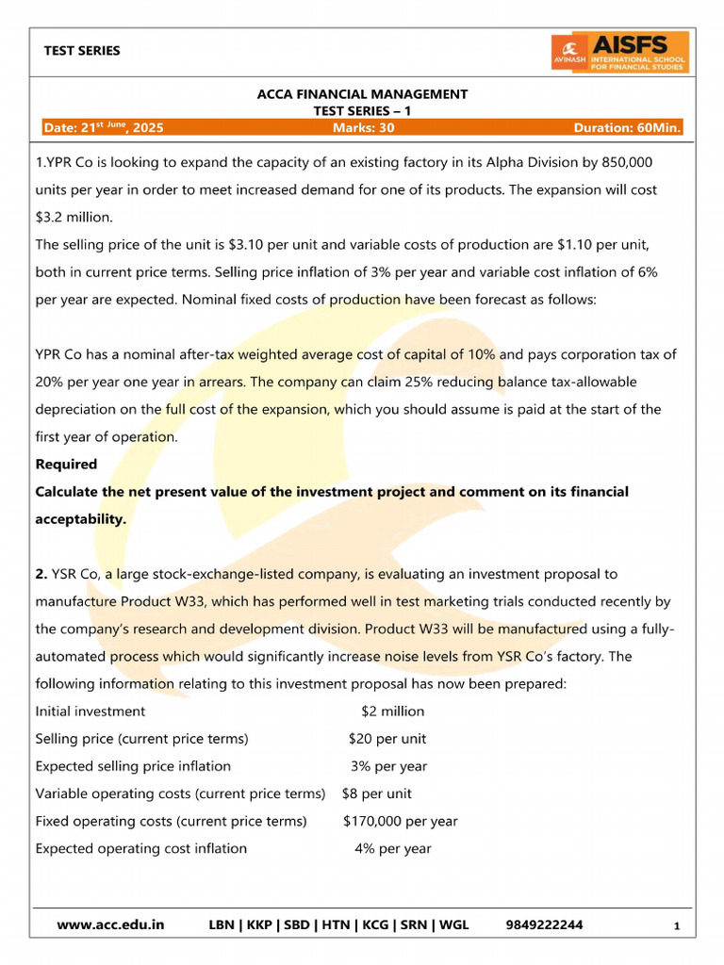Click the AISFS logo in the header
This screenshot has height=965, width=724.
619,52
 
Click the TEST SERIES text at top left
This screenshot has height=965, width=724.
82,51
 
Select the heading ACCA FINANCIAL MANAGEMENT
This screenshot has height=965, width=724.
362,94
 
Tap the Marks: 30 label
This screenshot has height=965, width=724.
363,127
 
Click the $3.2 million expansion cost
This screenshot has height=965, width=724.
73,217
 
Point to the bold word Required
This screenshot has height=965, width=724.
66,464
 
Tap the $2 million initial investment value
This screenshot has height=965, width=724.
392,711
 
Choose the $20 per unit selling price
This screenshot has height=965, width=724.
387,739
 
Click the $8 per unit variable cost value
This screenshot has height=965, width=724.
376,793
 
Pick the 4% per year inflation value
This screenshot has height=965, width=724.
392,848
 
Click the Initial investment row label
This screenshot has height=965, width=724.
90,711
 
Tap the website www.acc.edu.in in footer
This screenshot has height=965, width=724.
110,924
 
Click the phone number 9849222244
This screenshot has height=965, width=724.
544,924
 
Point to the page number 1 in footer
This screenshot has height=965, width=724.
677,926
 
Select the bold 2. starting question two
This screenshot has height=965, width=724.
41,573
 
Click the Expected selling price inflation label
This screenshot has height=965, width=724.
133,766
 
